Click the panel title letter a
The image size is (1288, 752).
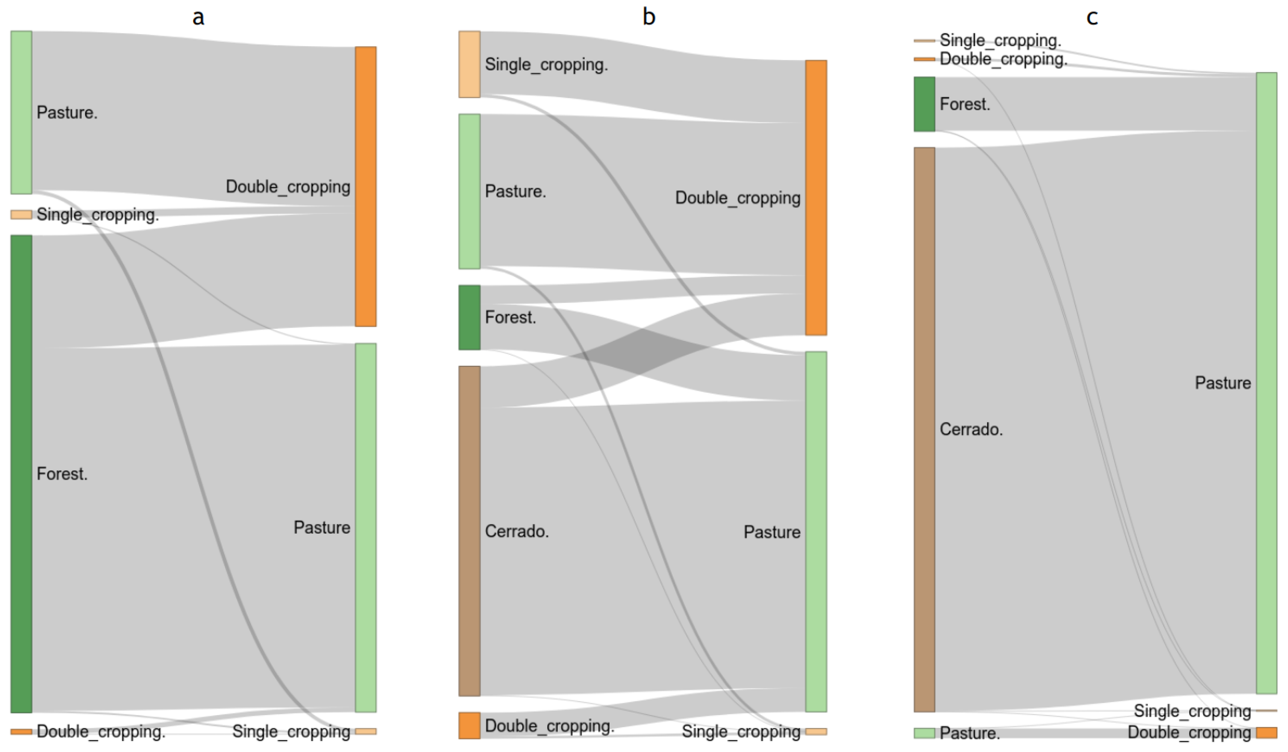tap(198, 17)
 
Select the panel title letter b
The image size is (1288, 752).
tap(649, 17)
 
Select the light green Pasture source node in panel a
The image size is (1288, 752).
tap(21, 113)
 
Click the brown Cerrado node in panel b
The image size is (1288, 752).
tap(469, 531)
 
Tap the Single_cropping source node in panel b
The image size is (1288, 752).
tap(469, 64)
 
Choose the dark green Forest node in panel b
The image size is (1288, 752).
tap(469, 317)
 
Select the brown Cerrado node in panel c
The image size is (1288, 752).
tap(924, 429)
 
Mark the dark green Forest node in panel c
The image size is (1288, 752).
tap(924, 104)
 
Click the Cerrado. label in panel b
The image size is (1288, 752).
tap(517, 532)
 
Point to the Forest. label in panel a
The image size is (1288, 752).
tap(62, 474)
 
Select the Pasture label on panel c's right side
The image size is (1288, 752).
tap(1223, 383)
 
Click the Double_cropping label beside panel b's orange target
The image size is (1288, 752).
tap(737, 198)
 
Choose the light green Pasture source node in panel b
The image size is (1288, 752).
tap(469, 191)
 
